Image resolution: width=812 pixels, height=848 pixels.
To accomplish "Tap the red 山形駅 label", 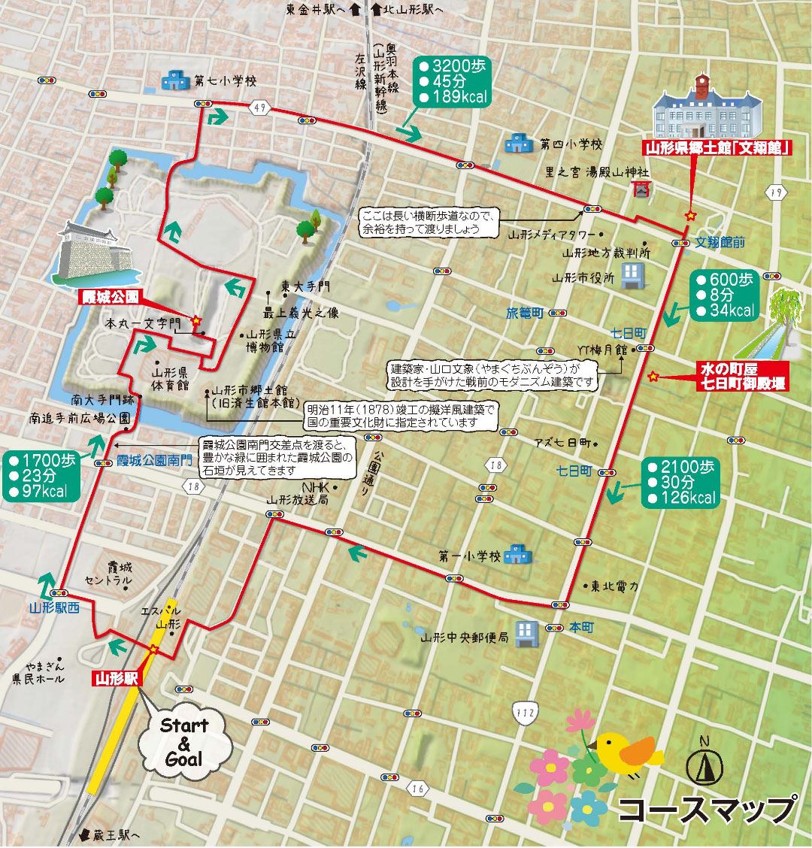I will tap(117, 677).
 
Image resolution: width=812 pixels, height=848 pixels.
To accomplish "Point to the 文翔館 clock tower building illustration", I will tap(708, 108).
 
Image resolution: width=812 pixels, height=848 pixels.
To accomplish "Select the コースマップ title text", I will tap(707, 810).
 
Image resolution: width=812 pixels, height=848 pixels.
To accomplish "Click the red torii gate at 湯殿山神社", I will tap(641, 190).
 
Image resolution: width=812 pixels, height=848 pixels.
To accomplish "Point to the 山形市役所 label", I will tap(583, 277).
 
